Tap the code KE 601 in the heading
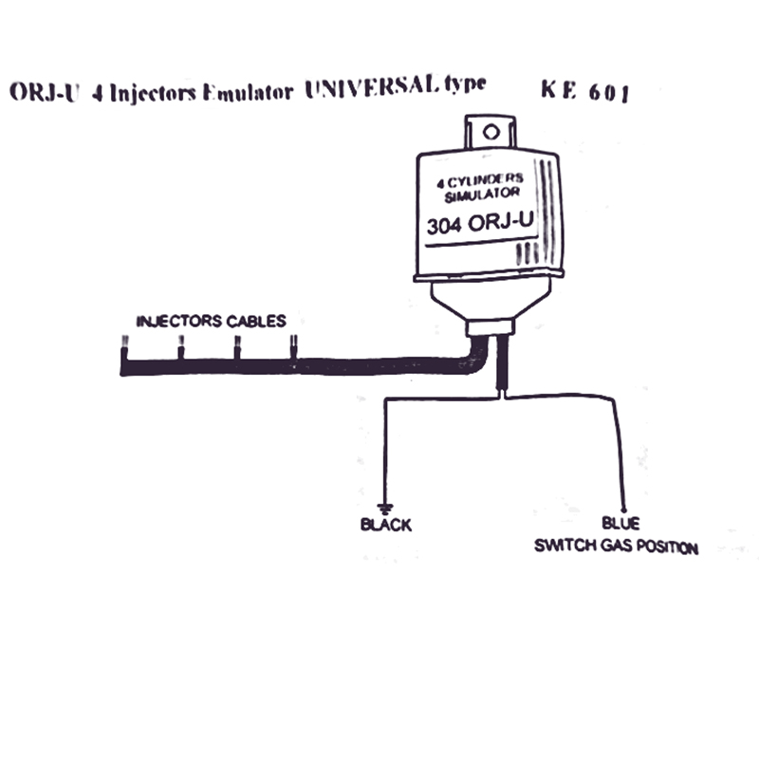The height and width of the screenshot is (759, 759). [x=585, y=91]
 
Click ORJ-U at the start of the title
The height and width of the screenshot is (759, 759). [x=44, y=91]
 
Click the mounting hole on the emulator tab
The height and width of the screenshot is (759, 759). [x=491, y=132]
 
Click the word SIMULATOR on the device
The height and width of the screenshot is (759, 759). [x=482, y=195]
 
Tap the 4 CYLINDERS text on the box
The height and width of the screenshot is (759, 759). [x=480, y=180]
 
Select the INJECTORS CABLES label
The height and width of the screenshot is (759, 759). [x=211, y=321]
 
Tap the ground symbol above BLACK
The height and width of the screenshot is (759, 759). [x=385, y=509]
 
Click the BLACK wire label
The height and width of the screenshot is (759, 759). [x=386, y=525]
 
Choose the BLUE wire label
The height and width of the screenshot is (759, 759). [x=620, y=524]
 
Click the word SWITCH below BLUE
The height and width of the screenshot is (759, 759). [x=565, y=546]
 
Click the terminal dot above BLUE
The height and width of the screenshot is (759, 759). [x=624, y=510]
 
